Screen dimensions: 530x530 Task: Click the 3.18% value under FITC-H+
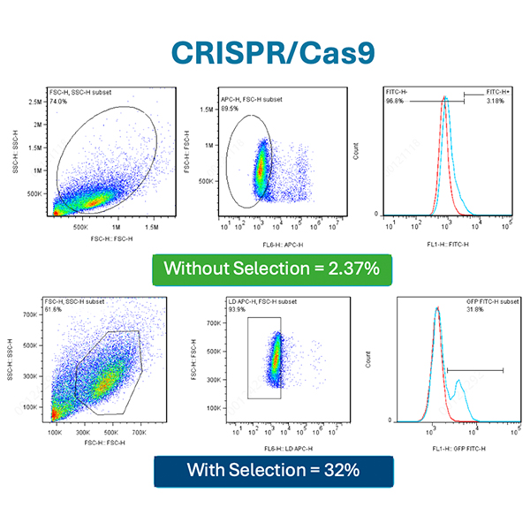(496, 100)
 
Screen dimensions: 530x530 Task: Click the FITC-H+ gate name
(499, 92)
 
